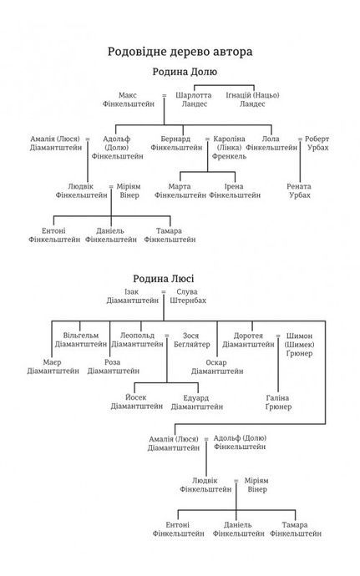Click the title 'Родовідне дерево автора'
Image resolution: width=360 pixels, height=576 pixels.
coord(180,52)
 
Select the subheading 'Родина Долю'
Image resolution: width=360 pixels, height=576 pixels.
coord(185,72)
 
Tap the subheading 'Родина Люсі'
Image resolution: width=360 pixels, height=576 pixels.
coord(163,279)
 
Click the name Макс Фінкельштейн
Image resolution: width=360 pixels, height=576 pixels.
coord(129,99)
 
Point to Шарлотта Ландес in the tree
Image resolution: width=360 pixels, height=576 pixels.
coord(194,99)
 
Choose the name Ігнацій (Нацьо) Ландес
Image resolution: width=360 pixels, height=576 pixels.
coord(252,99)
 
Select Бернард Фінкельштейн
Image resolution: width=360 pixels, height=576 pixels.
coord(176,144)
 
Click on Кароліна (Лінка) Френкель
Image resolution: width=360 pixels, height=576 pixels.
coord(229,147)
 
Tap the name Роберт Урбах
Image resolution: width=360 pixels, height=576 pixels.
coord(317,144)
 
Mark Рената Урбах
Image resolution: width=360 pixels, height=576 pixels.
coord(299,190)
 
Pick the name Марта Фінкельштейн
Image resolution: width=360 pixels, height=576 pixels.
coord(180,190)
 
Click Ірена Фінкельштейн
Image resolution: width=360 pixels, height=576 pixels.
coord(235,190)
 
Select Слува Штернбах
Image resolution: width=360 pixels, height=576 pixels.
coord(188,296)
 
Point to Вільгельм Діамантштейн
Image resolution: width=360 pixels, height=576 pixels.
coord(81,340)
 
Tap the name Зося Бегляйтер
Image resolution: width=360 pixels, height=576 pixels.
coord(191,340)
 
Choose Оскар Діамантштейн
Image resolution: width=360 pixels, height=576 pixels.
coord(217,367)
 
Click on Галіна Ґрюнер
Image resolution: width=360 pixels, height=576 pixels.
coord(278,402)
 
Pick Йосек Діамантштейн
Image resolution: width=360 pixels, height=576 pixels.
coord(137,402)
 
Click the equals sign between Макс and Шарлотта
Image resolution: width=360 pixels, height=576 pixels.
coord(164,95)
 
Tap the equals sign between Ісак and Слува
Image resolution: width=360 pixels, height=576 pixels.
coord(164,292)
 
